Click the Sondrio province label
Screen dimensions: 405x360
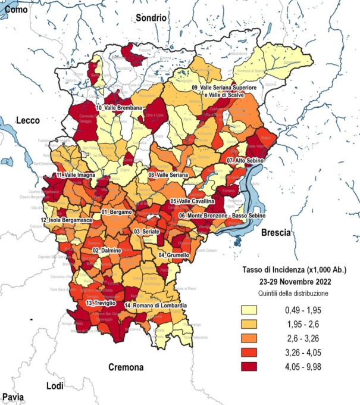click(151, 18)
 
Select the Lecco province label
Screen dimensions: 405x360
click(28, 120)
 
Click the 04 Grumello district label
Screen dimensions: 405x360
click(174, 255)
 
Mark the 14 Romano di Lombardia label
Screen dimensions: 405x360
click(156, 306)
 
